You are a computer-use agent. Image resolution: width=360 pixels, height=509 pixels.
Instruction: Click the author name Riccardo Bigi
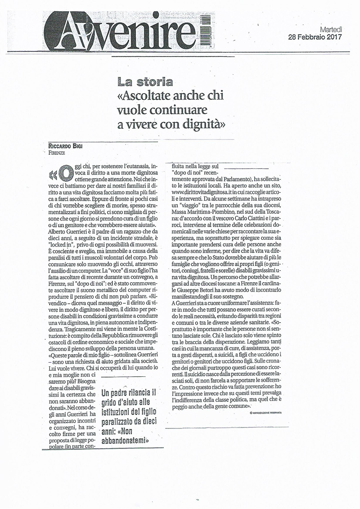67,146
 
